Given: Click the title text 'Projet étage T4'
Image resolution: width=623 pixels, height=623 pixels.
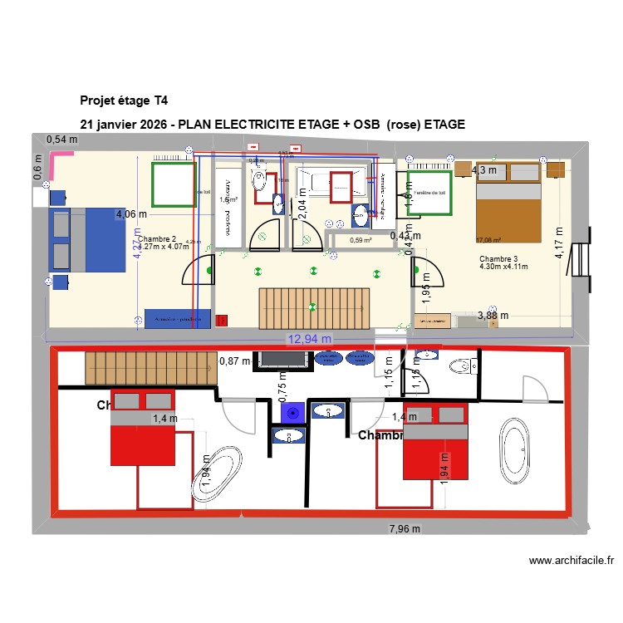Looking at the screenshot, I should click(x=124, y=101).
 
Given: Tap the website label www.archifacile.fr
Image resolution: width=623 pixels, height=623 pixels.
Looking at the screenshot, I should click(x=571, y=561).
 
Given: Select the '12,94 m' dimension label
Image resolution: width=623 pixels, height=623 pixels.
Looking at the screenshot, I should click(x=310, y=338).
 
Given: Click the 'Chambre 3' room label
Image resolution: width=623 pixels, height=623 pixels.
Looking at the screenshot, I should click(x=498, y=259).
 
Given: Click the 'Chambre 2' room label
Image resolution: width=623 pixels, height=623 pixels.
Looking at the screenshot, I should click(x=157, y=238).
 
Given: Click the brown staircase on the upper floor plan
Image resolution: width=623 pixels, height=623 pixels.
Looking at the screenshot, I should click(x=313, y=307).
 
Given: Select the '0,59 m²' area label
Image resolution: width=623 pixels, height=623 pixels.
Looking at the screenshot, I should click(x=360, y=241).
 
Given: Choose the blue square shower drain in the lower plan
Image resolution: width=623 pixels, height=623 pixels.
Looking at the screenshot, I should click(x=290, y=412).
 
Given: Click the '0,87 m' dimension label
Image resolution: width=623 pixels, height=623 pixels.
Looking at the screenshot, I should click(x=234, y=361).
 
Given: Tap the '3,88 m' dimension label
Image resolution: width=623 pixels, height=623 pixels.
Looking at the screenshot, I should click(x=492, y=315).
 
